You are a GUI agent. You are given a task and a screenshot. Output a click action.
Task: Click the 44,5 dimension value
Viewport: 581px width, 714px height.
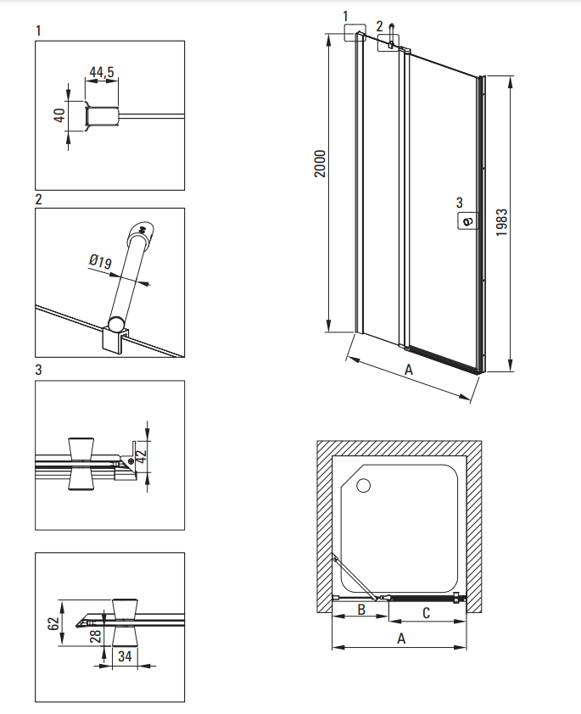(x=102, y=72)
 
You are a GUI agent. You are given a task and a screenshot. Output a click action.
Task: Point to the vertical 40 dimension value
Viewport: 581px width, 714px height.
(x=59, y=115)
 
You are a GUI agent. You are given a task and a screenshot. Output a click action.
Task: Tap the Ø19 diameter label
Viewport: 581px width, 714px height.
(x=100, y=261)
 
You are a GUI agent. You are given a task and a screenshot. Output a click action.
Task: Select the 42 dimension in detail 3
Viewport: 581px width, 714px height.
(x=141, y=456)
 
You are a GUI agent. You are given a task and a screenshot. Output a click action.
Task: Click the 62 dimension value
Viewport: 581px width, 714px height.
(x=53, y=623)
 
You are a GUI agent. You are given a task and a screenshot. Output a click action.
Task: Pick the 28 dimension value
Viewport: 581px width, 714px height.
(x=95, y=636)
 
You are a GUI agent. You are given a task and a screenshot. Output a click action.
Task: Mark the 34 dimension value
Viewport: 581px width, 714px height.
(x=125, y=655)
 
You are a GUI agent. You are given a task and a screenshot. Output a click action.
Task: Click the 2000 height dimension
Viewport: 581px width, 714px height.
(x=321, y=164)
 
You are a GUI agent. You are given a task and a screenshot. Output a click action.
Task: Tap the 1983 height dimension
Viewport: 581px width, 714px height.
(x=501, y=222)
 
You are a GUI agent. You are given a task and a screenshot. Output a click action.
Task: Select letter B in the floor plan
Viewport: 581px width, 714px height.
(x=361, y=609)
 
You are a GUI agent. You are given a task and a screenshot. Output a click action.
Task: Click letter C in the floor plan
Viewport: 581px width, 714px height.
(x=426, y=613)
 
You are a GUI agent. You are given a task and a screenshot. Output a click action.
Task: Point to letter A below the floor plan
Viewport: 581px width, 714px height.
(x=401, y=639)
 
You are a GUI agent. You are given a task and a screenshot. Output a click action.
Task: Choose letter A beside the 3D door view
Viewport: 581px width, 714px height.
(x=409, y=369)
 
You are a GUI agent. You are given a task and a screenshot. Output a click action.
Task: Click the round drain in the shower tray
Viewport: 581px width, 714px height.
(x=363, y=486)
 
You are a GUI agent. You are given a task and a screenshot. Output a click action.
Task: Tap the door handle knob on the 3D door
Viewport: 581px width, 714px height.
(x=467, y=222)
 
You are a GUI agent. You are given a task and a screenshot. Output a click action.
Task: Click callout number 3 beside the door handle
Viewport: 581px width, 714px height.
(x=460, y=202)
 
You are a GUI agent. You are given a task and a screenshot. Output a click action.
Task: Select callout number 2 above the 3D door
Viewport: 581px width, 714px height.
(x=380, y=26)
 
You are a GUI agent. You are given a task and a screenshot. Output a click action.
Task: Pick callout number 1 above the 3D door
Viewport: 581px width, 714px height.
(x=345, y=16)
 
